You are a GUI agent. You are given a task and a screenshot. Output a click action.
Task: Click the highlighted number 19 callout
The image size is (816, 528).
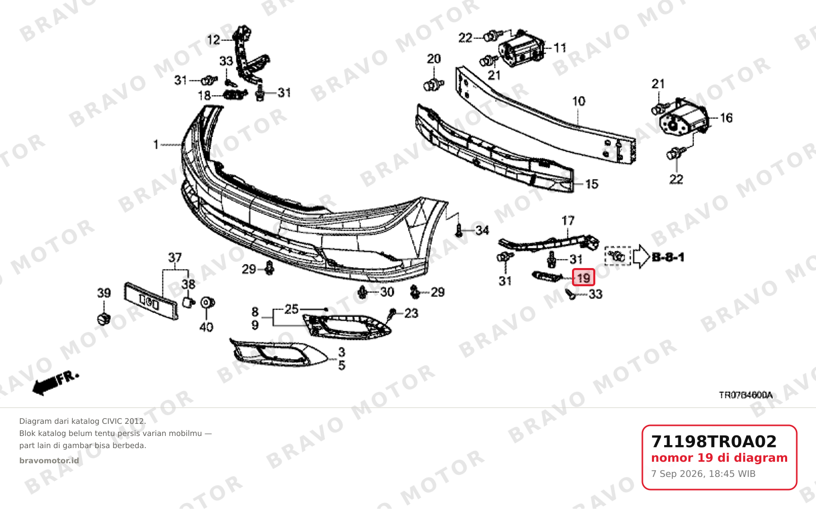(x=584, y=278)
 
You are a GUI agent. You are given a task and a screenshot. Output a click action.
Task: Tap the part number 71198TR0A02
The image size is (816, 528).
(x=714, y=442)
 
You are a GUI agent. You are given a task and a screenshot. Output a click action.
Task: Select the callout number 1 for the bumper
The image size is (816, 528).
(x=156, y=145)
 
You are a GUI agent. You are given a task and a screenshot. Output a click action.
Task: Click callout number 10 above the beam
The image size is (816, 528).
(x=579, y=101)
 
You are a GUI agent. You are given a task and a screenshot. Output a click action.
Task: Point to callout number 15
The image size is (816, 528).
(x=592, y=184)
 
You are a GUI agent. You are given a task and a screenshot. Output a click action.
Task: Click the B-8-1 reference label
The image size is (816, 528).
(x=668, y=257)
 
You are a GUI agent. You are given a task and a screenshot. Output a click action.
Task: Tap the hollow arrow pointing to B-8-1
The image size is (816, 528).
(x=641, y=256)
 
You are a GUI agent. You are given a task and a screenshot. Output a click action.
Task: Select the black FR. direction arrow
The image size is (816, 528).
(x=55, y=383)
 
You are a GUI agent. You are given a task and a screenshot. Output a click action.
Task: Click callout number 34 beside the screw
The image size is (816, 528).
(x=482, y=230)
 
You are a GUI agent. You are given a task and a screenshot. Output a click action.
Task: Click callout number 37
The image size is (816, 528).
(x=175, y=257)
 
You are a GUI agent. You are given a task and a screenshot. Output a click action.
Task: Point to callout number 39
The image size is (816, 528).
(x=104, y=292)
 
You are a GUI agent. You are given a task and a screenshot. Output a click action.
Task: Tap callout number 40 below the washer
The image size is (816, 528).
(x=206, y=327)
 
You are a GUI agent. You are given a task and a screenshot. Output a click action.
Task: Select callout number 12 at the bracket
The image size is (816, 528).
(x=214, y=39)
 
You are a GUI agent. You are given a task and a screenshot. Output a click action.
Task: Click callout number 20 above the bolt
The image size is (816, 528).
(x=434, y=59)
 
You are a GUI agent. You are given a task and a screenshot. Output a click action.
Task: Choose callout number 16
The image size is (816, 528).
(x=726, y=117)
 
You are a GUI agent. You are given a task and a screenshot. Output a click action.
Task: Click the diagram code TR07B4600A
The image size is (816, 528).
(x=746, y=395)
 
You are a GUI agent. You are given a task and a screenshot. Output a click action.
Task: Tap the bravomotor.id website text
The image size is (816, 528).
(x=49, y=461)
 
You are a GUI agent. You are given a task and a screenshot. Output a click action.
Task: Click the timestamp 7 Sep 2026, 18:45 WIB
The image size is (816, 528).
(x=704, y=474)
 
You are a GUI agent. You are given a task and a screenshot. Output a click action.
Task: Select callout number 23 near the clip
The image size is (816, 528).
(x=411, y=313)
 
